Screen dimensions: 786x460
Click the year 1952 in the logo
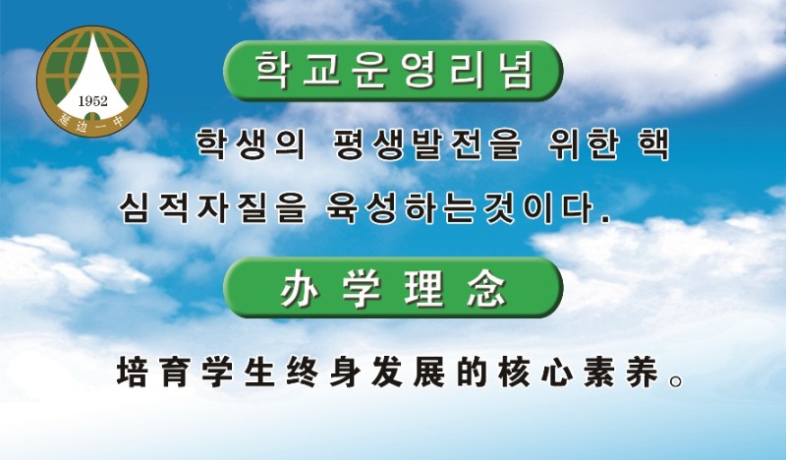pos(92,101)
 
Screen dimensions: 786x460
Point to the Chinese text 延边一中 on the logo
pos(92,124)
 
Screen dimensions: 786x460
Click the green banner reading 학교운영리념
pos(393,71)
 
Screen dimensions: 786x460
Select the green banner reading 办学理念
pos(393,287)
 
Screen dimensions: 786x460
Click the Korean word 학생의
pos(251,144)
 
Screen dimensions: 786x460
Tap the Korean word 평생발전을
pos(427,144)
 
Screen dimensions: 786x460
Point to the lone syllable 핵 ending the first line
pos(653,144)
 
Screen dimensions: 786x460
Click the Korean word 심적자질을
pos(212,207)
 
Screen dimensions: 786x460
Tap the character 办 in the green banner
pos(300,290)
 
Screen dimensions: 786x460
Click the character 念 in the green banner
pos(486,290)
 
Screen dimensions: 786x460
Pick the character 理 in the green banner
pos(423,290)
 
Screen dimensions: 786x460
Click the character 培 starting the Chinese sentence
pos(132,372)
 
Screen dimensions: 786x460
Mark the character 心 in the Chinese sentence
pos(557,372)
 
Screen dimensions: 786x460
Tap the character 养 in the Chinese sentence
pos(643,372)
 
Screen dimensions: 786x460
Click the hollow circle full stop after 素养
pos(676,381)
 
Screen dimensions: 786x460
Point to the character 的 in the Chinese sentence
pos(472,372)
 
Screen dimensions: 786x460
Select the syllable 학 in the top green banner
pos(272,71)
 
